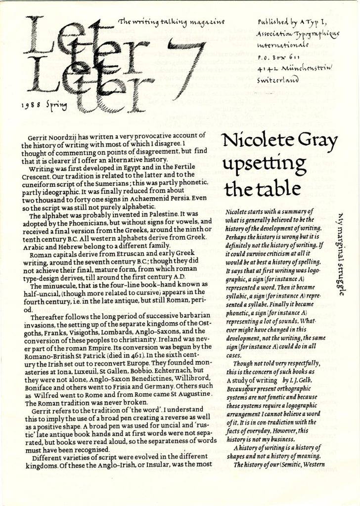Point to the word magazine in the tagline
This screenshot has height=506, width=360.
(210, 22)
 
